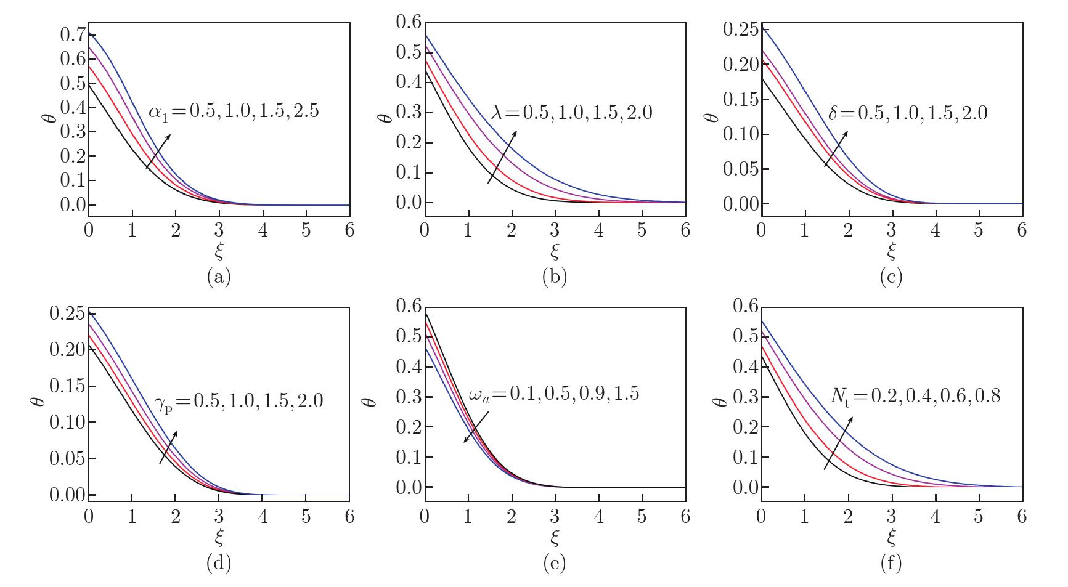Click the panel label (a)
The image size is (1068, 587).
click(x=219, y=277)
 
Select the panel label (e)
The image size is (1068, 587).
click(x=555, y=562)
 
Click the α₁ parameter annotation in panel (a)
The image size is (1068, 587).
click(x=234, y=111)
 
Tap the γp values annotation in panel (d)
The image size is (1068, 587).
click(x=238, y=401)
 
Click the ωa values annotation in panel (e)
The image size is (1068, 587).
click(x=553, y=394)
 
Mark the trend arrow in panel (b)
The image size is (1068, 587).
click(x=502, y=156)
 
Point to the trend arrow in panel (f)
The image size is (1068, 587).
click(x=838, y=443)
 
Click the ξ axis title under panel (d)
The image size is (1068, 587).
click(x=219, y=538)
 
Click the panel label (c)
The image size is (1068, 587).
click(x=891, y=277)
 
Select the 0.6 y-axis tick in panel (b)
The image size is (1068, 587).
click(x=408, y=23)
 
